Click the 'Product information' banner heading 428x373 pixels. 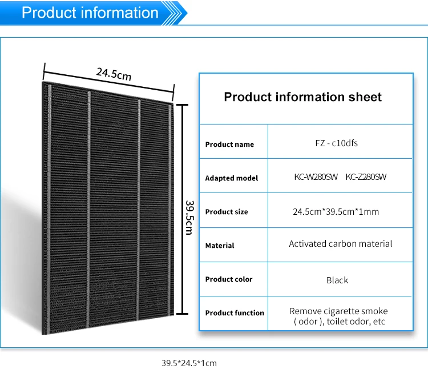(90, 13)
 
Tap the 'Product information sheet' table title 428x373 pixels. (302, 97)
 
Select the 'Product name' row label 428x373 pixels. (229, 145)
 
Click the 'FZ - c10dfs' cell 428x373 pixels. (340, 143)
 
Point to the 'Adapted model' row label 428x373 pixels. (232, 178)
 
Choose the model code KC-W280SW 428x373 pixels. (315, 177)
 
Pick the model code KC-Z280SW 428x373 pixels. (366, 177)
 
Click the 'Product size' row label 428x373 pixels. (227, 212)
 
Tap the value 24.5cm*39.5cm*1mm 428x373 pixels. (336, 212)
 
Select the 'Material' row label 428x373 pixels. (220, 246)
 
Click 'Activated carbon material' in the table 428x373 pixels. (340, 244)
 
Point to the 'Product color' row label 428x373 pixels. (229, 279)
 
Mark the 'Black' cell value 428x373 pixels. (337, 280)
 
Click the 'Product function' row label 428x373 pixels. (235, 313)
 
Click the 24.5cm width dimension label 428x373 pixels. (114, 74)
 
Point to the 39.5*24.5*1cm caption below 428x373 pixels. (189, 363)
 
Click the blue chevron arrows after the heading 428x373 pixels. (176, 12)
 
